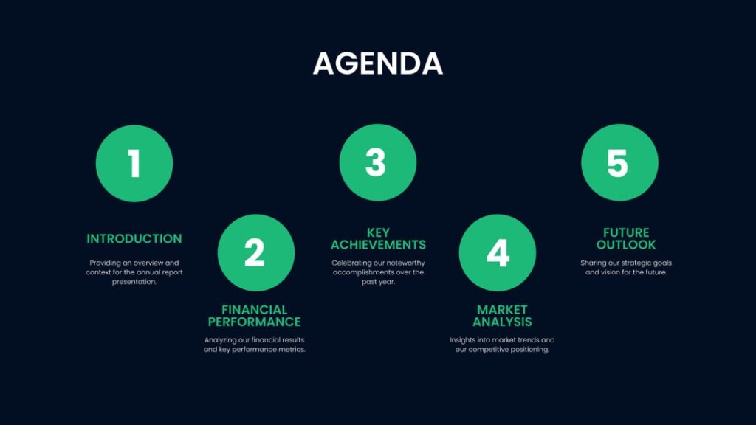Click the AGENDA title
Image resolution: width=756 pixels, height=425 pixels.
[x=377, y=63]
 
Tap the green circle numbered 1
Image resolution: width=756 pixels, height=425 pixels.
[x=134, y=163]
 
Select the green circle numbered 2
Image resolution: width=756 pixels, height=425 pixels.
[x=255, y=253]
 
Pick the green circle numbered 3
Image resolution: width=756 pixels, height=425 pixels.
[x=377, y=163]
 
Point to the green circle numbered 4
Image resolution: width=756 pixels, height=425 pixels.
[x=497, y=253]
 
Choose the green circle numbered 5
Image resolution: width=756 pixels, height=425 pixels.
[x=619, y=163]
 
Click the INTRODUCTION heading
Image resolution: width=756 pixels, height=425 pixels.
[x=134, y=239]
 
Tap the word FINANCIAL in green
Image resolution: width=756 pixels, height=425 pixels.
[x=254, y=310]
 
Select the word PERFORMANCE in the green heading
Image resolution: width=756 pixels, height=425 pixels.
[x=254, y=322]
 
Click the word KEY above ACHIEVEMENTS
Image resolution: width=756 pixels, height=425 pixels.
[x=378, y=233]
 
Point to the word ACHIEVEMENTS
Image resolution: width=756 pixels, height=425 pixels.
[x=378, y=245]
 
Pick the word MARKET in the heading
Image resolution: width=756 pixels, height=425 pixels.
[x=502, y=310]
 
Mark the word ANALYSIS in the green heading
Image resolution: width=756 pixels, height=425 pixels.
[x=502, y=322]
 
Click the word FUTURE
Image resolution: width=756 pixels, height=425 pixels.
[x=626, y=233]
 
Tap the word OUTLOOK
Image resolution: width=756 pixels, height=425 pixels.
[x=626, y=245]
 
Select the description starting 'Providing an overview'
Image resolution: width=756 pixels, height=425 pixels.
[x=134, y=272]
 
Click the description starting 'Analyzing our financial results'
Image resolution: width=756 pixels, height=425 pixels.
[x=254, y=345]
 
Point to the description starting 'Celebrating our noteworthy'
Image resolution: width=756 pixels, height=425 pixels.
[x=378, y=272]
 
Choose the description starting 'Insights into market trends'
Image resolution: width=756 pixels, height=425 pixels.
[x=502, y=345]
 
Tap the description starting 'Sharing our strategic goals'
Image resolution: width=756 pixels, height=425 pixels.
[x=626, y=267]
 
